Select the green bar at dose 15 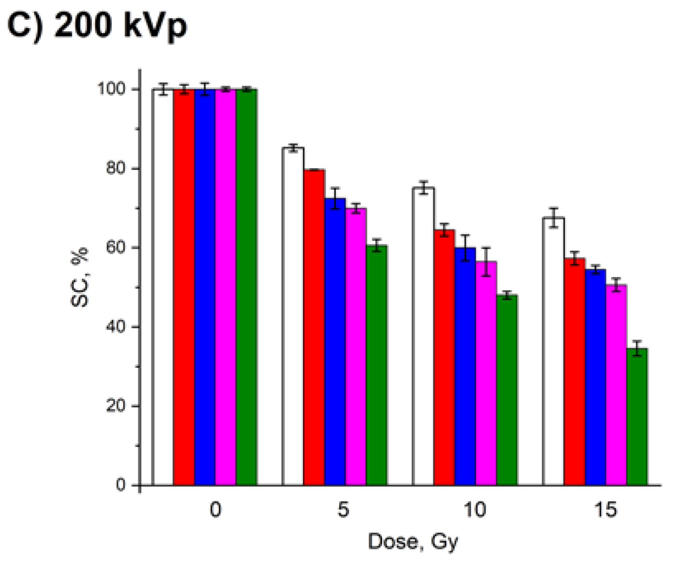coord(637,417)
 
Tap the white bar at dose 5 coord(293,316)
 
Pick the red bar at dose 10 coord(444,357)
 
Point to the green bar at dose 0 coord(246,287)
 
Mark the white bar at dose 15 coord(553,351)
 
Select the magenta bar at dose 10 coord(486,373)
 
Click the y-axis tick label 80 coord(116,169)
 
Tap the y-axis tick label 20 coord(116,406)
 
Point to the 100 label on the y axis coord(111,89)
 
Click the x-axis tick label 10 coord(475,511)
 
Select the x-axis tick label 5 coord(343,511)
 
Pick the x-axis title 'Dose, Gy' coord(413,542)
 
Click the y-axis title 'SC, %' coord(80,277)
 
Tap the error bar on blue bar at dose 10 coord(465,248)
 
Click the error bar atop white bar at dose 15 coord(553,218)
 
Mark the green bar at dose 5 coord(377,365)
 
